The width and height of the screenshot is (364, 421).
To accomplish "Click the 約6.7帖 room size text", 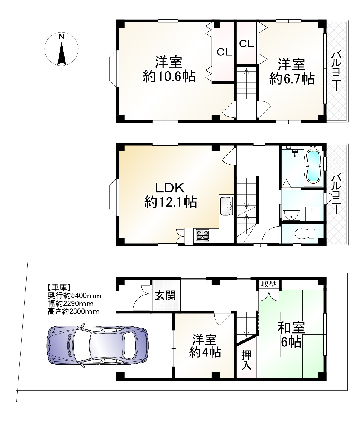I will click(291, 79).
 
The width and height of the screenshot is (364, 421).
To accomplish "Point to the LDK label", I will click(171, 189).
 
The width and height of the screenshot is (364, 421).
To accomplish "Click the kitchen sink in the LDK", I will click(226, 206).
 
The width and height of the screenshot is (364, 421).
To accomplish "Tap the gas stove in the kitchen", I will click(202, 235).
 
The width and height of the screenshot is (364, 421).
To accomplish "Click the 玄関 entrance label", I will click(165, 296).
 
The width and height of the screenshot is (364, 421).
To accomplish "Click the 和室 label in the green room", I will click(291, 328).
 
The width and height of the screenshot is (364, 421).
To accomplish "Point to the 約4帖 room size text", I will click(205, 353).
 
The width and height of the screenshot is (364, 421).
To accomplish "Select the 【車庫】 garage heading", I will click(59, 287).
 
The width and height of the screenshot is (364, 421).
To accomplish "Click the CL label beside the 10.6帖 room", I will click(224, 52).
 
